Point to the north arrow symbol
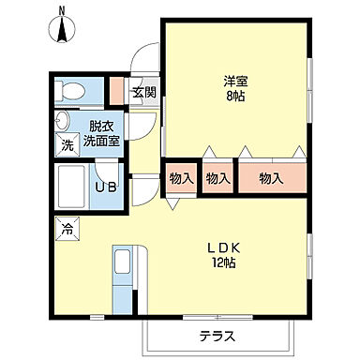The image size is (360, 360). pos(62,30)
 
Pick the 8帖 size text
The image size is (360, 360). pos(235,96)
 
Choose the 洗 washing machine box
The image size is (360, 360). pos(67,145)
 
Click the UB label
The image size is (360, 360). pos(106,187)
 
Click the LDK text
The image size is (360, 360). pos(225,248)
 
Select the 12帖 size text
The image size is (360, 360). pos(225,263)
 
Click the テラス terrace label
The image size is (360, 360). pos(217,337)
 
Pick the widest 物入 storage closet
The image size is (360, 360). pos(272,178)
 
